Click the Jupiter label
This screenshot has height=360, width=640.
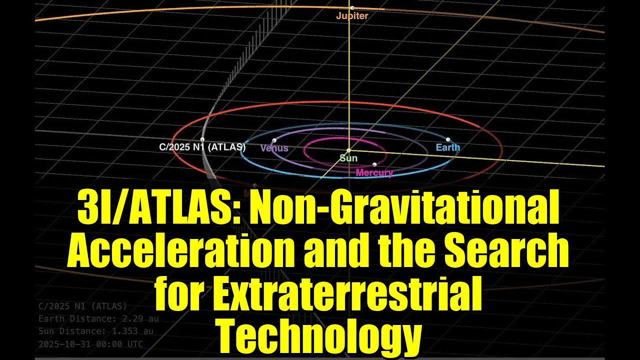[x=352, y=16]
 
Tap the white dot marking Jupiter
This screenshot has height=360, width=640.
[x=352, y=8]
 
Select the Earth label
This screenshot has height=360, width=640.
[x=447, y=147]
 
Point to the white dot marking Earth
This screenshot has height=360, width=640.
[x=448, y=139]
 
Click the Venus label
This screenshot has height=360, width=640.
[x=274, y=148]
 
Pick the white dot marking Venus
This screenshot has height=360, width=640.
[x=274, y=140]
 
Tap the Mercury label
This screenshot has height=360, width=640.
[x=374, y=173]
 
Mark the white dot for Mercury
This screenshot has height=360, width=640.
[x=374, y=164]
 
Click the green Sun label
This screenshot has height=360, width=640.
[x=348, y=158]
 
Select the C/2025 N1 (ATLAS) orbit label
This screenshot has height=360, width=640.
[x=202, y=147]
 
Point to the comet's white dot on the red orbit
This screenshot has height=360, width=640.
[x=202, y=139]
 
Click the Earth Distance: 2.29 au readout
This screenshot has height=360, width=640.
[x=98, y=318]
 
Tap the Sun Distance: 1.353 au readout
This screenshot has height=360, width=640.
[x=96, y=331]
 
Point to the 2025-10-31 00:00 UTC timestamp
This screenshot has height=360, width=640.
[x=90, y=344]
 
